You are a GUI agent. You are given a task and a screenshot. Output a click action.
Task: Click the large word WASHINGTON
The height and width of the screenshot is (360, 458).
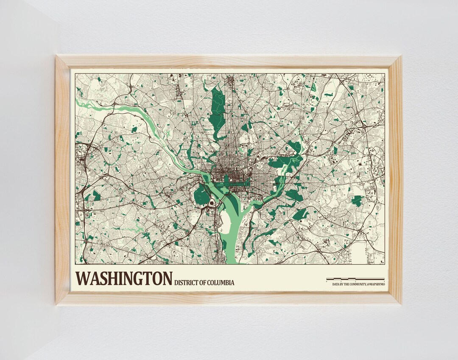[x=124, y=279]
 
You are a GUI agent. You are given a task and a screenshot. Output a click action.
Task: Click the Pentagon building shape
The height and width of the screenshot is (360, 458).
[x=212, y=203]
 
